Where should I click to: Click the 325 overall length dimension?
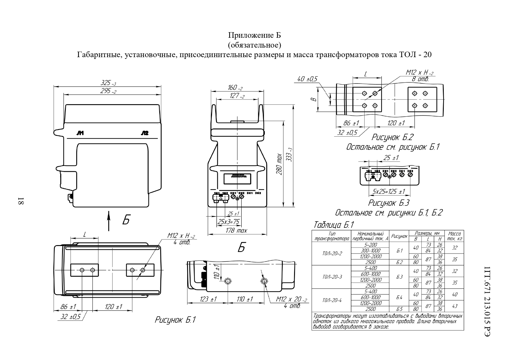click(108, 83)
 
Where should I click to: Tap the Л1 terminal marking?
click(80, 133)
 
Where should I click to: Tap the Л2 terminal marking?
click(144, 133)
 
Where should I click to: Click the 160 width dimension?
click(235, 87)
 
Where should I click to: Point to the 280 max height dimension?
click(279, 164)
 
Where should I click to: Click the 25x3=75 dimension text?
click(229, 222)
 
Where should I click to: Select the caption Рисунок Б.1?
click(175, 320)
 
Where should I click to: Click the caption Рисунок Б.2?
click(392, 137)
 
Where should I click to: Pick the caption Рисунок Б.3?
click(389, 202)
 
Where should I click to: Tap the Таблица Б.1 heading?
click(334, 225)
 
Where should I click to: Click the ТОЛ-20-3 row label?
click(332, 277)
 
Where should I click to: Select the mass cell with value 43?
click(454, 306)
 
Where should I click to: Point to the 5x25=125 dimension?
click(389, 191)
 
